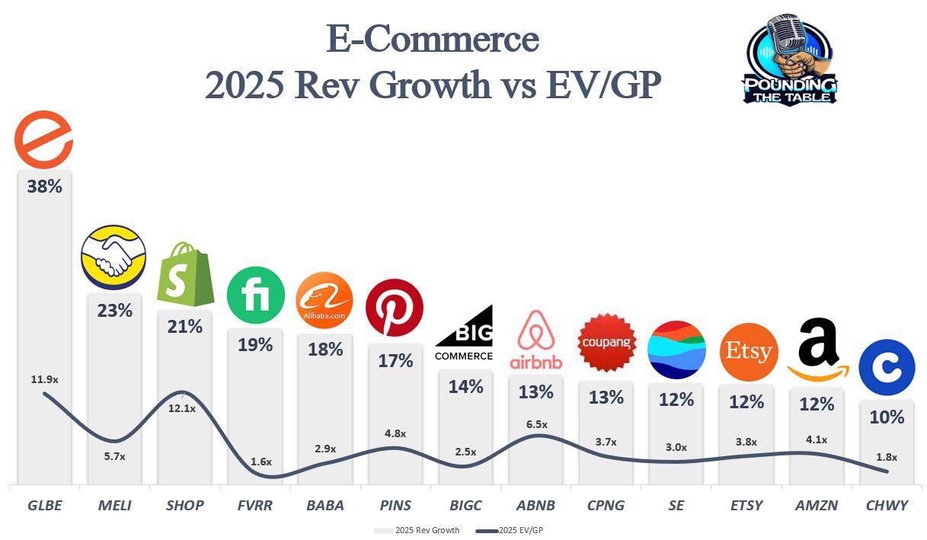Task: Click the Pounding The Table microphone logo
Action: pos(790,59)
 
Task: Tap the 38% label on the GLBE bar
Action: pos(44,186)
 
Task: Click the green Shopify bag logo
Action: pos(185,273)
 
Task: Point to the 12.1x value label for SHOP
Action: pos(183,409)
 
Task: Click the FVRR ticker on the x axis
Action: pos(255,505)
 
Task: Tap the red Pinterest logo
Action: pos(395,308)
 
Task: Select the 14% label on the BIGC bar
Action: pos(465,386)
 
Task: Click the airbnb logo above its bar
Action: pos(536,340)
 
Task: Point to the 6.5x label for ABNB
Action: pos(535,424)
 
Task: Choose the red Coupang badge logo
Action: pos(606,343)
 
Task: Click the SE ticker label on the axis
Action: pos(676,505)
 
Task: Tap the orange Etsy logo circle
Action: pos(748,352)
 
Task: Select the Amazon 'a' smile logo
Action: pos(818,350)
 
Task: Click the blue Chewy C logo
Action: pos(887,368)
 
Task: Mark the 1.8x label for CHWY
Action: pos(886,458)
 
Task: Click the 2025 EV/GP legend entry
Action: pos(512,530)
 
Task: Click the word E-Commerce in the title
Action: pos(432,40)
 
